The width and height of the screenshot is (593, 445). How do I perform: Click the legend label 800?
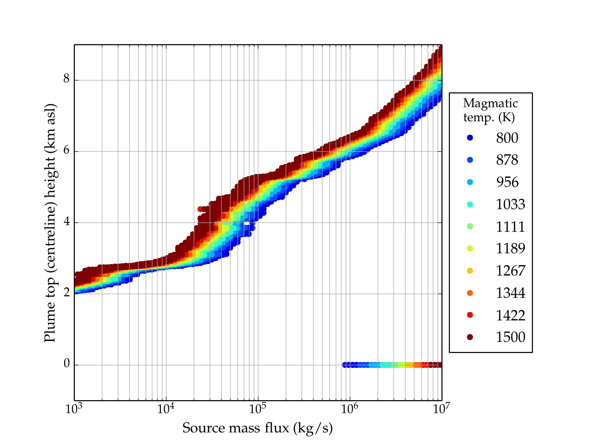pyautogui.click(x=507, y=138)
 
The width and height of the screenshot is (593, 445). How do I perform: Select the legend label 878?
pyautogui.click(x=507, y=160)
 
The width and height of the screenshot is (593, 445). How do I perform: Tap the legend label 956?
pyautogui.click(x=507, y=182)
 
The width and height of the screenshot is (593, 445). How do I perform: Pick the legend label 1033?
pyautogui.click(x=510, y=204)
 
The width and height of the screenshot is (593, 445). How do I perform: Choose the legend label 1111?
pyautogui.click(x=510, y=226)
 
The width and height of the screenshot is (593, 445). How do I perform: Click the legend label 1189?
pyautogui.click(x=510, y=248)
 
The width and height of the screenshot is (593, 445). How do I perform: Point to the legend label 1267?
pyautogui.click(x=510, y=271)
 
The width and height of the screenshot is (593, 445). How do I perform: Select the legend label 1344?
pyautogui.click(x=510, y=293)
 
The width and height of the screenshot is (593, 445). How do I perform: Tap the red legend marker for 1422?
pyautogui.click(x=470, y=315)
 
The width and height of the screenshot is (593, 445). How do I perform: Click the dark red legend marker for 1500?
pyautogui.click(x=470, y=337)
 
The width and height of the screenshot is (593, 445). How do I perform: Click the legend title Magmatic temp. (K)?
pyautogui.click(x=490, y=110)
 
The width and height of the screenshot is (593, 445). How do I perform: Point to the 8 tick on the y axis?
pyautogui.click(x=67, y=79)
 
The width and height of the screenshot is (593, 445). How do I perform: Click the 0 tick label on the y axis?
pyautogui.click(x=67, y=364)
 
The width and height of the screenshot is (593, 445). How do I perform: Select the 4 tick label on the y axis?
pyautogui.click(x=67, y=222)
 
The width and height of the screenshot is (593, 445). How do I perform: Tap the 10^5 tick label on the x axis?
pyautogui.click(x=257, y=409)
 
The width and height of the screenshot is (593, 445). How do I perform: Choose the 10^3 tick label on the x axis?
pyautogui.click(x=74, y=409)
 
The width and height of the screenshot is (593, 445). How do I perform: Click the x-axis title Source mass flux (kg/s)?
pyautogui.click(x=258, y=428)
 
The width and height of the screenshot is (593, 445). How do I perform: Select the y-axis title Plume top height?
pyautogui.click(x=50, y=222)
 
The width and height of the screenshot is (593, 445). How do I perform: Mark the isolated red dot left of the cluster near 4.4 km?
pyautogui.click(x=200, y=209)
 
